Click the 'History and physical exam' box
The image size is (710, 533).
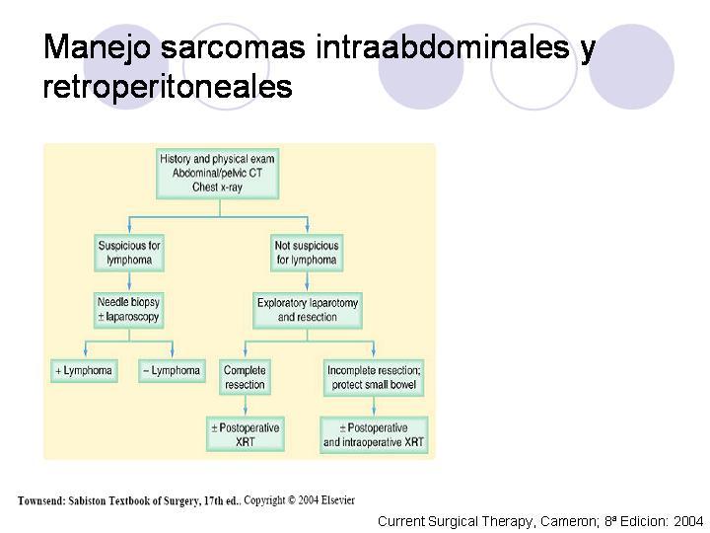coord(217,173)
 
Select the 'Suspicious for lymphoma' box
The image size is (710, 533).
coord(129,253)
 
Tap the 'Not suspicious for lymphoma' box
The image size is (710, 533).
coord(307,253)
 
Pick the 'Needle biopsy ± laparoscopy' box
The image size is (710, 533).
coord(128,310)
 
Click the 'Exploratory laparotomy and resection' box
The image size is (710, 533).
coord(308,310)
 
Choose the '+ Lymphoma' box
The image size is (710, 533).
coord(84,371)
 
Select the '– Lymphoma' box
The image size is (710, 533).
coord(172,371)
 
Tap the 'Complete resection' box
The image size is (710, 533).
coord(245,377)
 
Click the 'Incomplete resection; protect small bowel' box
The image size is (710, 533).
coord(374,377)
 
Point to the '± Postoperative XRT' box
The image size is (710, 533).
coord(246,434)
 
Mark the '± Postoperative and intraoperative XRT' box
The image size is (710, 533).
coord(374,434)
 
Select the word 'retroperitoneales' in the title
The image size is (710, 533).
coord(168,87)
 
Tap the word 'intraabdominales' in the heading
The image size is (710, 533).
coord(442,46)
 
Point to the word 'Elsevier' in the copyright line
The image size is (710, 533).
coord(338,500)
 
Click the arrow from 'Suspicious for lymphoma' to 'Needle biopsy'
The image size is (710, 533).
coord(129,281)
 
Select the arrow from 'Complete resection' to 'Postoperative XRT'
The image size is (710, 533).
coord(246,406)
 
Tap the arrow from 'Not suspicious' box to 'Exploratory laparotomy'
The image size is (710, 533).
coord(307,281)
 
